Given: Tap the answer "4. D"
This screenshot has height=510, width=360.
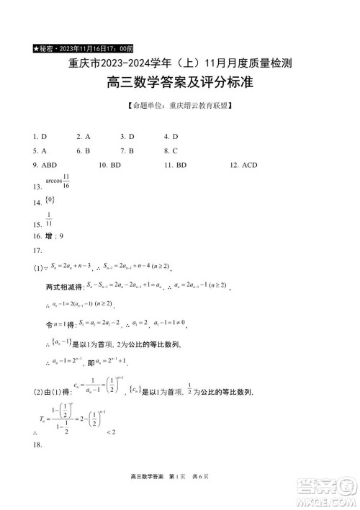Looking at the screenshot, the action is coord(171,136).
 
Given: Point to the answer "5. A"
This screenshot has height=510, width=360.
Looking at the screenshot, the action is coord(40,151).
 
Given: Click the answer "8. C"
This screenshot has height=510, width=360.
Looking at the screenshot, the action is coord(171,151).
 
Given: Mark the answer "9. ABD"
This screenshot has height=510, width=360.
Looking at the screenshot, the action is coord(45,165).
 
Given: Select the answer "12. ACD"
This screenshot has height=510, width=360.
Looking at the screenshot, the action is coord(243,165).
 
